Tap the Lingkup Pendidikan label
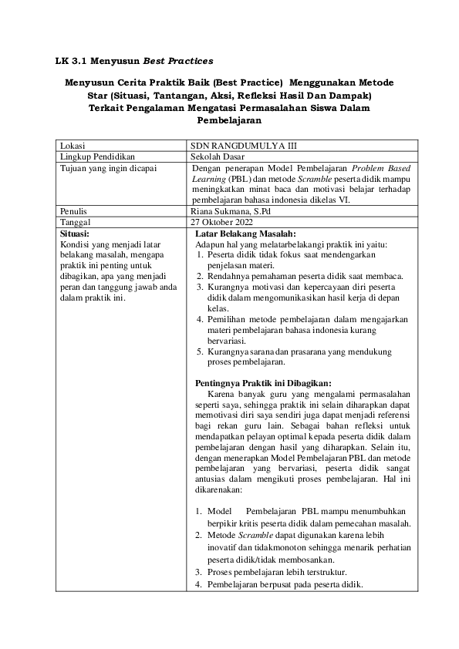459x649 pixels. point(94,156)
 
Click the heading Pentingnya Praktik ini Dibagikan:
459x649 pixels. point(263,383)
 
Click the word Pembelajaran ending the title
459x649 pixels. point(229,120)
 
